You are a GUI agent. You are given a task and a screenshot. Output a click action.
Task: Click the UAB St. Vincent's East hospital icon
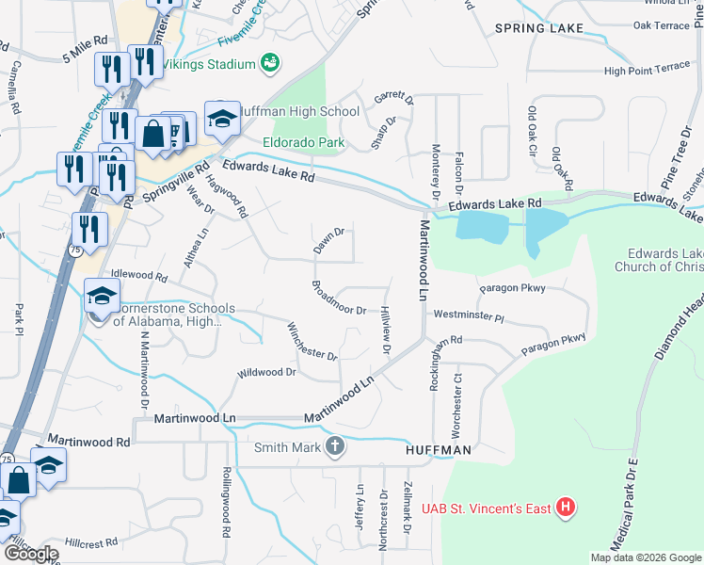point(566,508)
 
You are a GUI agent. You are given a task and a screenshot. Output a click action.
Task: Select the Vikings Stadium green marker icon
point(270,63)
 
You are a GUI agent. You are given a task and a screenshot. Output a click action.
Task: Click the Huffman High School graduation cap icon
point(222,119)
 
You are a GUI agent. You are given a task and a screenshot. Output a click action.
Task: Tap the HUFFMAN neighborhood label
point(438,451)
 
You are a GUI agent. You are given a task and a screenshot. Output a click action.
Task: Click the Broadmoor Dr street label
point(339,298)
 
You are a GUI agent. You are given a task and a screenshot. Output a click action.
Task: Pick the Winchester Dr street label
point(312,342)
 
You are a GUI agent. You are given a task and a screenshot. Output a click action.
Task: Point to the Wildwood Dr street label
point(266,373)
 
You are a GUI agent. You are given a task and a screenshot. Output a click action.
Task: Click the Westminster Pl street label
point(469,316)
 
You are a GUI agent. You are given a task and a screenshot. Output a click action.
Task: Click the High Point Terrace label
point(647,69)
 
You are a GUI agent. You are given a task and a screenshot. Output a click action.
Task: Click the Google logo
point(31,554)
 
